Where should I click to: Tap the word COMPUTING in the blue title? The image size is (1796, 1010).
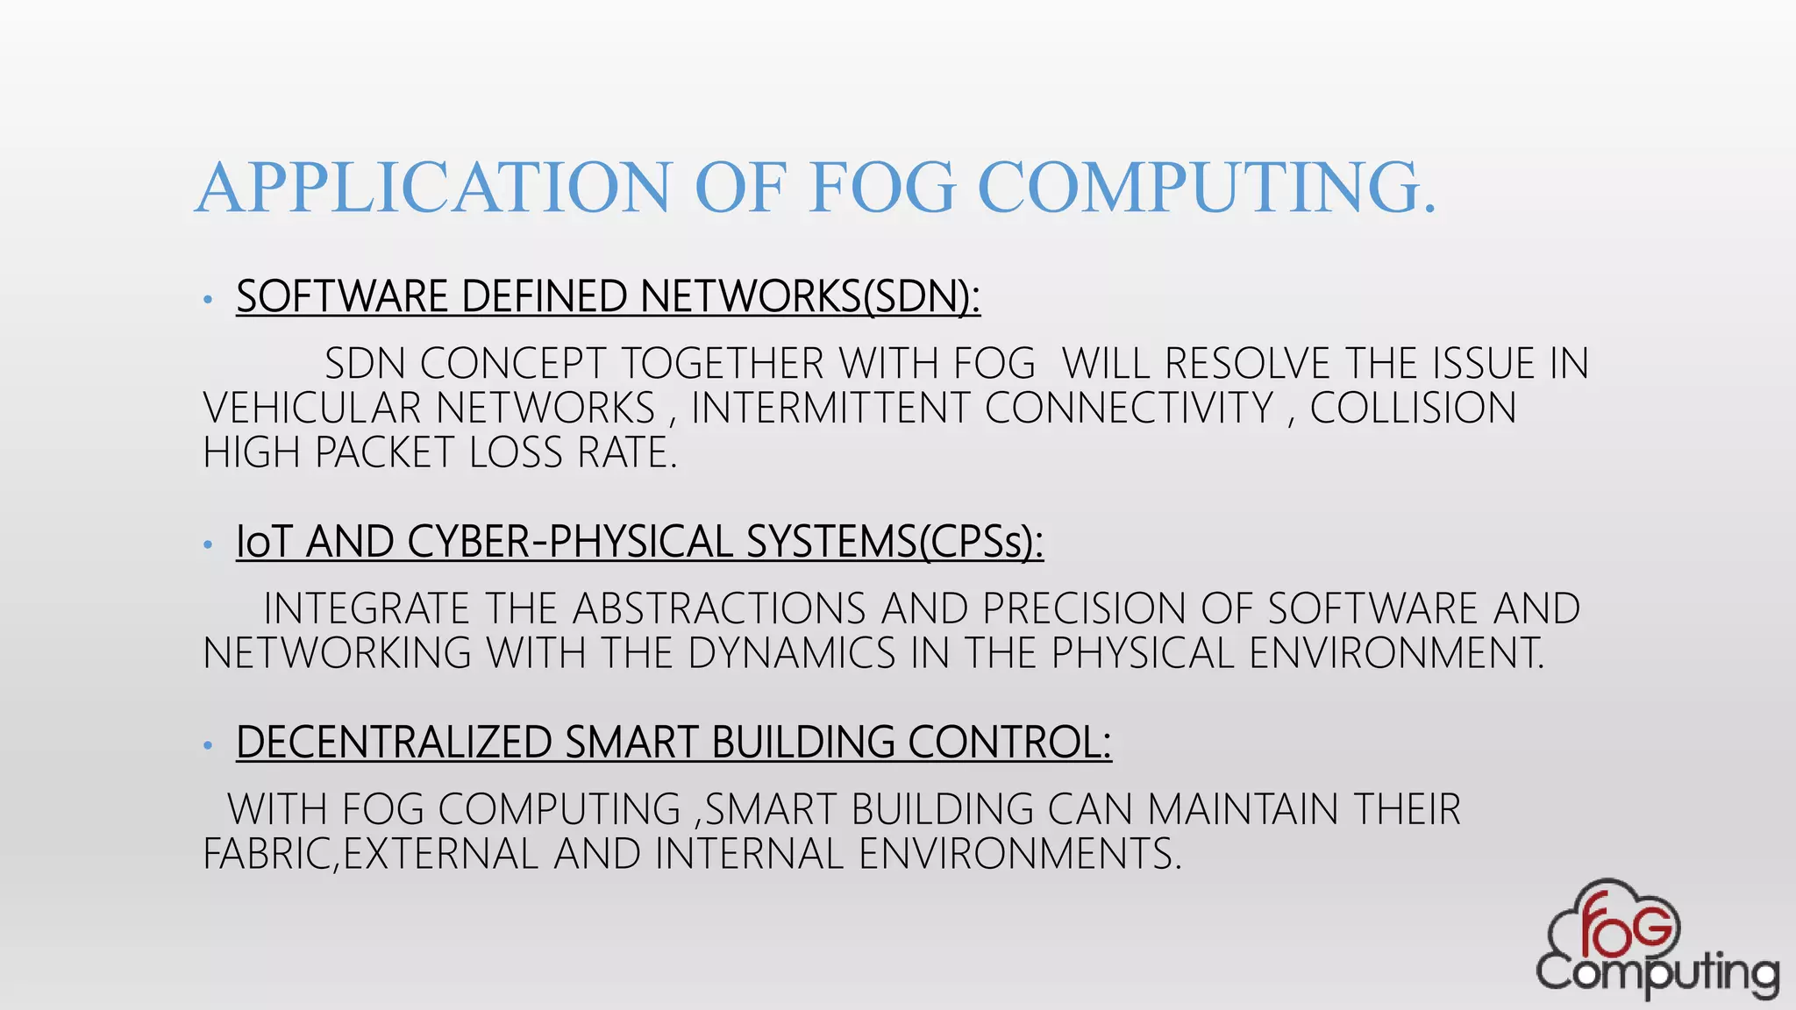coord(1207,188)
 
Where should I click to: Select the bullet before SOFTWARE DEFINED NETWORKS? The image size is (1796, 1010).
coord(208,300)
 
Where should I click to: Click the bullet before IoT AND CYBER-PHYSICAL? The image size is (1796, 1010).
coord(208,545)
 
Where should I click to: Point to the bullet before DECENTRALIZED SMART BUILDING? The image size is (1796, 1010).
coord(208,746)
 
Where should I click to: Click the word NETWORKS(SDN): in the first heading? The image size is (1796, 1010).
coord(810,296)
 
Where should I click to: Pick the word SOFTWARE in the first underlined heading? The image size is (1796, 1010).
coord(342,296)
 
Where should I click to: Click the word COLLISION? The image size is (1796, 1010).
coord(1413,409)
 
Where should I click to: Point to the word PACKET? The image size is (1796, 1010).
coord(384,453)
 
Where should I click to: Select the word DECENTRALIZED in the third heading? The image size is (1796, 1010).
coord(394,743)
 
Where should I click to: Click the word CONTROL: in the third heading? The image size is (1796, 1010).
coord(1009,743)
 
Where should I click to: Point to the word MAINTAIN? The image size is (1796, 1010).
coord(1243,809)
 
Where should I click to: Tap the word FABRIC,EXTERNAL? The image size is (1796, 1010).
coord(371,854)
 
